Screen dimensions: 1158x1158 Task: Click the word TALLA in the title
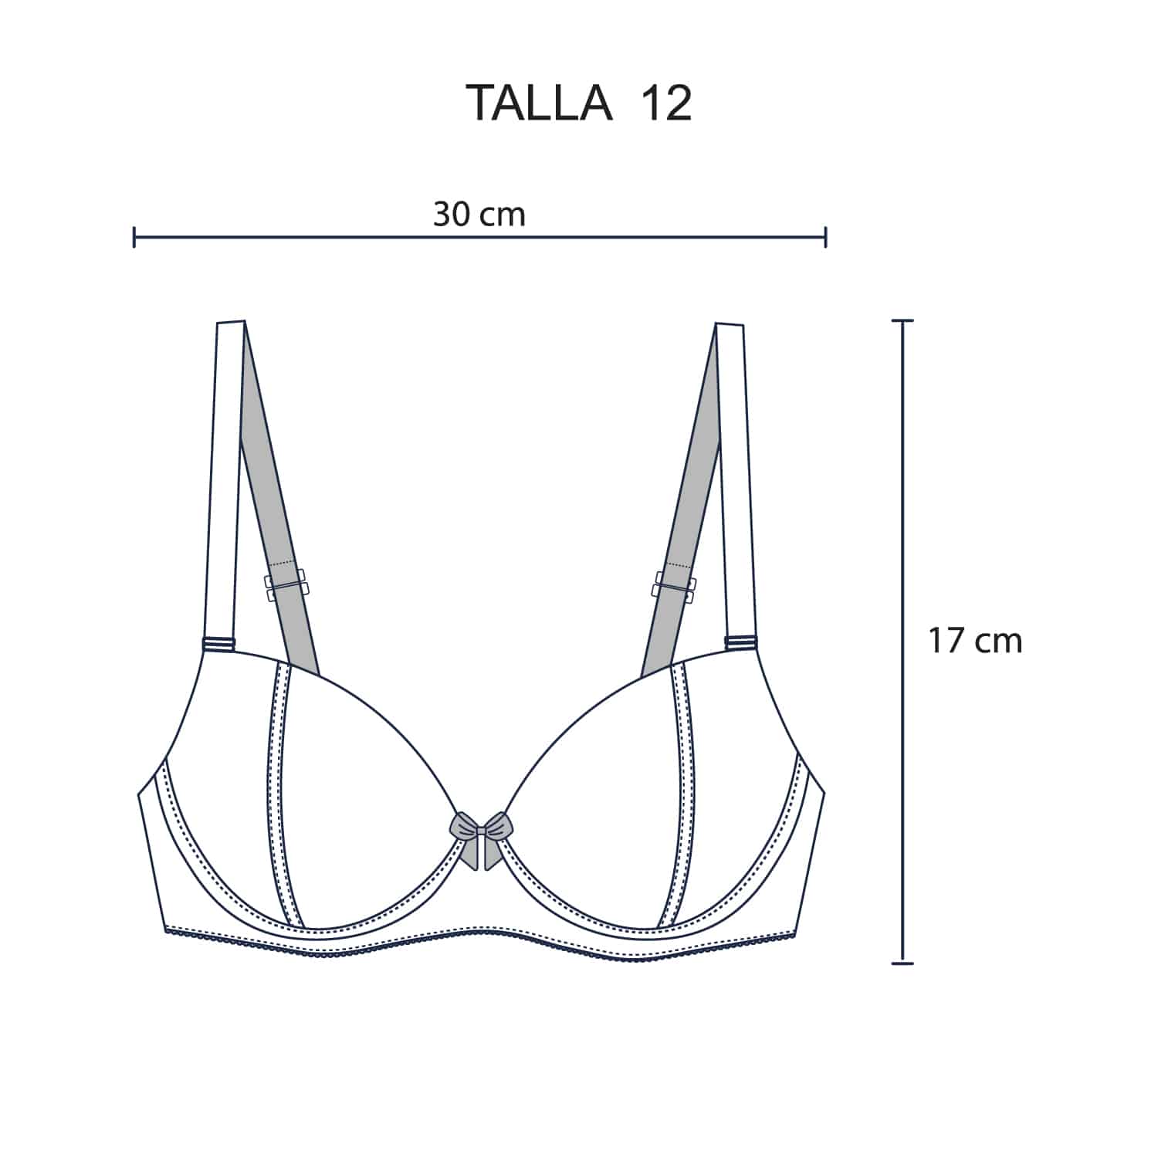tap(540, 103)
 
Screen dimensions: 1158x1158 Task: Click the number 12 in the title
tap(665, 103)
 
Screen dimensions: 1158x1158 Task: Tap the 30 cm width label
tap(479, 214)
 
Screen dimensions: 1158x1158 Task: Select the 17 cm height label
tap(975, 641)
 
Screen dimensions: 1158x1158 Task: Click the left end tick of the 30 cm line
tap(134, 237)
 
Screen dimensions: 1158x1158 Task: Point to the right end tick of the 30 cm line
tap(826, 237)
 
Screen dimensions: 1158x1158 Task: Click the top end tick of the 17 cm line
tap(902, 320)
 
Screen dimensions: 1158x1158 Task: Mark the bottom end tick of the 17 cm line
tap(902, 963)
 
